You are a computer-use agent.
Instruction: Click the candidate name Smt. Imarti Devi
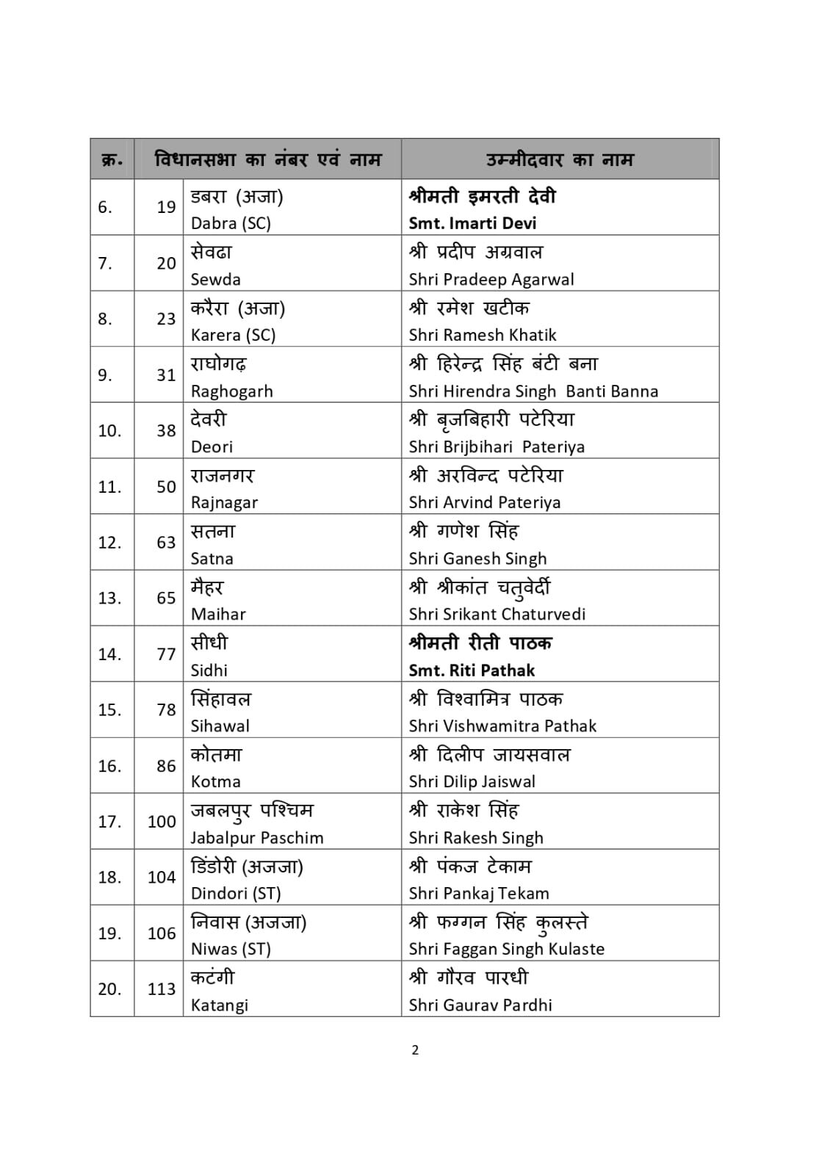472,223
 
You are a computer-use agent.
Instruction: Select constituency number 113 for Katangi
161,989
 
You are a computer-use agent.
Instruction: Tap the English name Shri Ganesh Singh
477,559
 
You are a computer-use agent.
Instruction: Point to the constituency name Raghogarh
231,391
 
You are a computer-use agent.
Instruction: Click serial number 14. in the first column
109,654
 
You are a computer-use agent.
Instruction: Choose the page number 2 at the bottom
415,1050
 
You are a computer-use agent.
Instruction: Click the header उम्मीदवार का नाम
559,159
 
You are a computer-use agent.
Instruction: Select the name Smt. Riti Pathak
472,670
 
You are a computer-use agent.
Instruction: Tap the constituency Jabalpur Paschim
256,838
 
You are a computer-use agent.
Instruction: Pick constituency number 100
161,822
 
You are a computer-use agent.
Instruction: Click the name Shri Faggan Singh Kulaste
506,950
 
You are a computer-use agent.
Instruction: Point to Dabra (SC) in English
231,223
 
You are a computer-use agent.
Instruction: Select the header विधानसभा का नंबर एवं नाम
268,159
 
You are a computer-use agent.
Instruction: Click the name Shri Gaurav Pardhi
480,1005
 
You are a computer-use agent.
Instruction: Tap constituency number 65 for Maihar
166,599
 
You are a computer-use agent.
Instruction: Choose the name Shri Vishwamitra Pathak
502,726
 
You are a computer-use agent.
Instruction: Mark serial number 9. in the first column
105,375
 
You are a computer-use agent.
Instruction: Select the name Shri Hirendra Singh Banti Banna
533,391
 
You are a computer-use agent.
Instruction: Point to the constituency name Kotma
215,782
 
